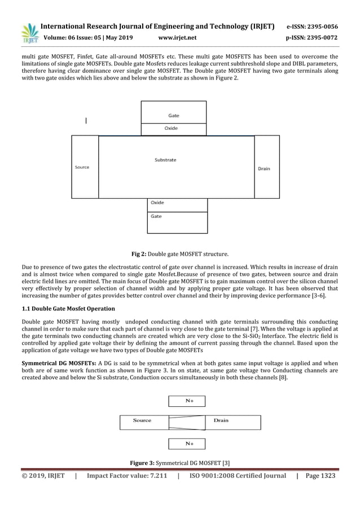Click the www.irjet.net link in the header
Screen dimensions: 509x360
coord(178,38)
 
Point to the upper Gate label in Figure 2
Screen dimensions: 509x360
coord(174,115)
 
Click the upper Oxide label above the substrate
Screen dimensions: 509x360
coord(171,129)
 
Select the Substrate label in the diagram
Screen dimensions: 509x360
coord(165,160)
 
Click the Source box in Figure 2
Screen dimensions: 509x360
coord(85,167)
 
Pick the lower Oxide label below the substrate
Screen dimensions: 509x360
coord(157,203)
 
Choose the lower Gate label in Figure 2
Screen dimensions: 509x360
coord(156,216)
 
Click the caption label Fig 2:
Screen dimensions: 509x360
coord(139,254)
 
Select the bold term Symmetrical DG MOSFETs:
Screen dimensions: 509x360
coord(59,363)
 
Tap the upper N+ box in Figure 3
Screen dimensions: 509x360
coord(187,401)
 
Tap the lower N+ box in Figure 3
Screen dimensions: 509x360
coord(187,444)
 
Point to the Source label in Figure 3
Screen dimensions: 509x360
coord(142,421)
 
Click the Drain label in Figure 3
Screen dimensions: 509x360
coord(221,421)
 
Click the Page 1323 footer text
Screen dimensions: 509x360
coord(320,476)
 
